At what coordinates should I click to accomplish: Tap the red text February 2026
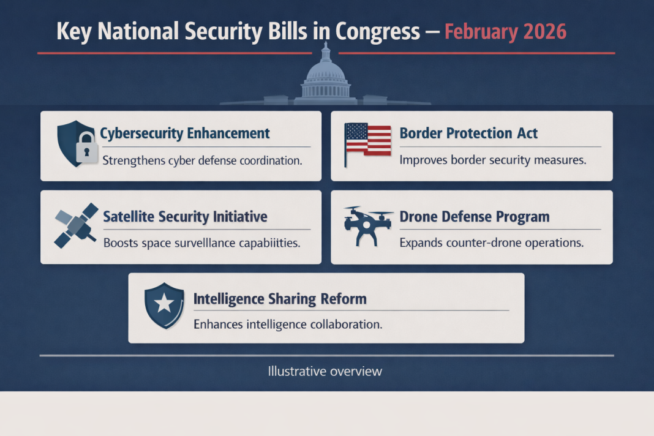click(505, 31)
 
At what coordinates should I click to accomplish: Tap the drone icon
click(368, 224)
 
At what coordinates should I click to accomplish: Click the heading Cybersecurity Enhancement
click(184, 133)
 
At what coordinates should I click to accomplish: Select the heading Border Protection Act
click(468, 133)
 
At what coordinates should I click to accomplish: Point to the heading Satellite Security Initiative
click(185, 216)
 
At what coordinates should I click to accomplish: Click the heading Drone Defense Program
click(474, 216)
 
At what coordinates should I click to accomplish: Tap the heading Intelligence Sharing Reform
click(280, 299)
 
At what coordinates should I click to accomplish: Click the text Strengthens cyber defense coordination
click(202, 161)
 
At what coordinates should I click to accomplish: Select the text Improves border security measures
click(493, 160)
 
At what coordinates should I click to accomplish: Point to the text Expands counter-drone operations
click(491, 242)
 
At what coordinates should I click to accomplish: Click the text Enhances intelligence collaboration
click(288, 325)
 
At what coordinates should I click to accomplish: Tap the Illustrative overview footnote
click(325, 371)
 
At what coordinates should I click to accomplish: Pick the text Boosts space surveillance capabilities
click(201, 242)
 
